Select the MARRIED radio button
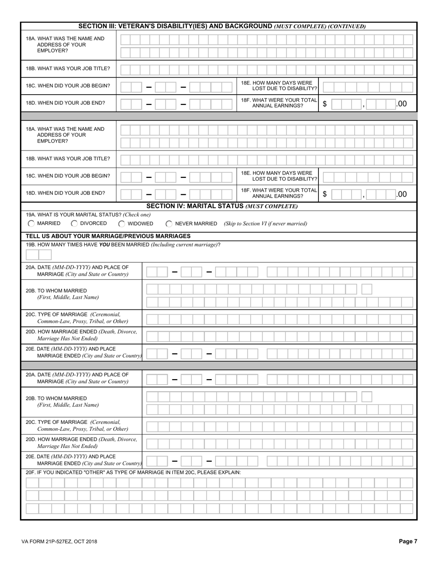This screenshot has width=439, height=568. (x=31, y=224)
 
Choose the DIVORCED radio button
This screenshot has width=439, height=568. (x=74, y=224)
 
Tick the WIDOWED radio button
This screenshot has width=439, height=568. (x=122, y=224)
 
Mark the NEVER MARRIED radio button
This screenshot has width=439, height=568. (x=169, y=224)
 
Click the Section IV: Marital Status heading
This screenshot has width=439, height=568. (x=222, y=206)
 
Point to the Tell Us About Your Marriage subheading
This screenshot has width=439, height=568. (x=108, y=236)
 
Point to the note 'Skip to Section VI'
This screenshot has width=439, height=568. (x=265, y=224)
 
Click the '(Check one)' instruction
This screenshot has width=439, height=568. (x=137, y=215)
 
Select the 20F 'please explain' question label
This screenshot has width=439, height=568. (x=134, y=472)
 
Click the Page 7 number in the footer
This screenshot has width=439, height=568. (x=408, y=542)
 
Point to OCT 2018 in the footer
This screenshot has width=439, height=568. (x=87, y=542)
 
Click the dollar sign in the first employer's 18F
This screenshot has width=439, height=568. (x=325, y=104)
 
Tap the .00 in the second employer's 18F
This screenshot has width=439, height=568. (x=402, y=194)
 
